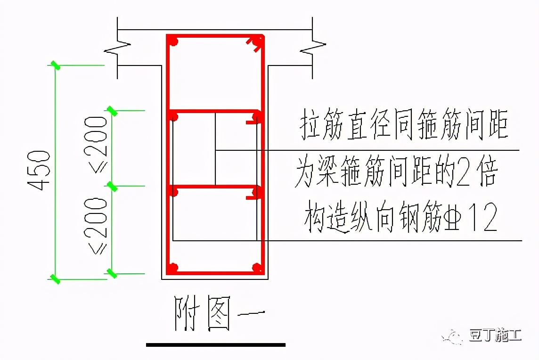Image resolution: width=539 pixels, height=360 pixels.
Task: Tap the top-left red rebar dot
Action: coord(174,42)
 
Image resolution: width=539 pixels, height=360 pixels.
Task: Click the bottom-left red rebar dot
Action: coord(173,269)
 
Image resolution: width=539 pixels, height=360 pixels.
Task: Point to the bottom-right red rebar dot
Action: coord(257,268)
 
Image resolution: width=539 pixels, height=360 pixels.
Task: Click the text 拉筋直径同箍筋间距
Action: coord(404,125)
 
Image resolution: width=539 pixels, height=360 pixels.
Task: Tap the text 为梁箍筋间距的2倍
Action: coord(396,173)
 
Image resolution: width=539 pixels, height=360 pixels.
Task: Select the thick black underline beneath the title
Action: coord(216,345)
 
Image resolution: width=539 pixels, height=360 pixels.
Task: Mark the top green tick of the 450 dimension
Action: coord(56,65)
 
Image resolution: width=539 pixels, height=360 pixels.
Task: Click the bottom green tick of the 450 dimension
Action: coord(56,279)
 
